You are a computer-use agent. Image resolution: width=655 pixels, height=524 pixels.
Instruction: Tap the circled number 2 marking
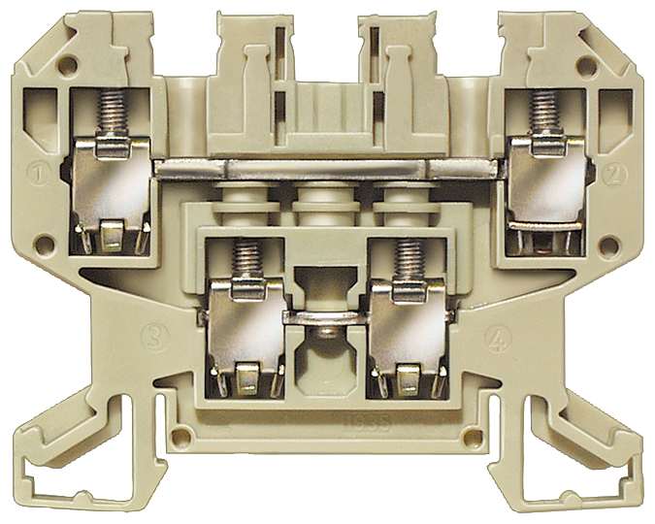coord(613,175)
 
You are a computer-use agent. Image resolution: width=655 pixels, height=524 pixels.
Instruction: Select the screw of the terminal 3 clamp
coord(246,259)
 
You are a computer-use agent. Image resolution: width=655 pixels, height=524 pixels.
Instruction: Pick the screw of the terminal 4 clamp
coord(408,259)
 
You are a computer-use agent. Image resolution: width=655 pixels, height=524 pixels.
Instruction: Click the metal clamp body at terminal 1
coord(107,189)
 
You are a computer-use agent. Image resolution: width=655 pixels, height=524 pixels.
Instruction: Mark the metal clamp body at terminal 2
coord(545,189)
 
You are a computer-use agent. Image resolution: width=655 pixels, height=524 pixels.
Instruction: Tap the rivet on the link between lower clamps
coord(326,333)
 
